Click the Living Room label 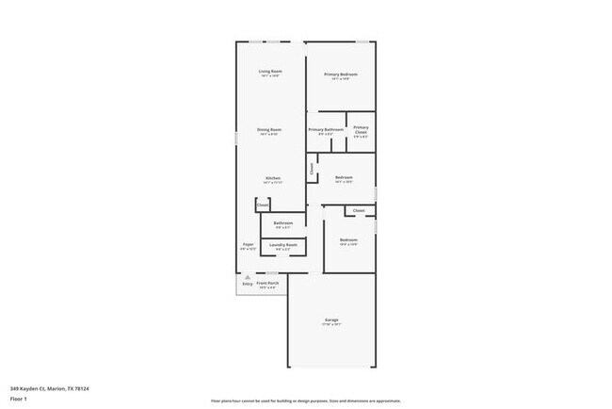point(270,72)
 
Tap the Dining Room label point(270,130)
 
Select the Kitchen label point(272,178)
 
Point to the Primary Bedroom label point(341,74)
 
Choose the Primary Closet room point(361,131)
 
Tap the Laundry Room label point(283,245)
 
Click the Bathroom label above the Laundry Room point(283,223)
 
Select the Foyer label point(248,245)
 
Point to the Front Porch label point(268,284)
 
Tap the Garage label point(332,320)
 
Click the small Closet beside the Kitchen point(263,204)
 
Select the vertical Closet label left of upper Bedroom point(311,170)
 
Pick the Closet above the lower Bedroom point(359,210)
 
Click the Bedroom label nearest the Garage point(348,241)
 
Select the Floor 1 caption point(18,399)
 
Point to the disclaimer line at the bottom point(304,400)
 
